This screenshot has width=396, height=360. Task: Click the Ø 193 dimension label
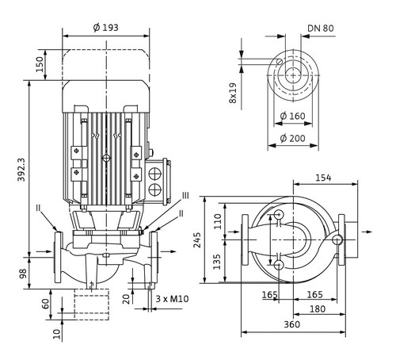[x=106, y=28]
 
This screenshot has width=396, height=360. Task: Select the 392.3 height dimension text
[x=21, y=170]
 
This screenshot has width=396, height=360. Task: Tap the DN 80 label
[x=321, y=29]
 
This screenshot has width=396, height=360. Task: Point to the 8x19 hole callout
[x=233, y=93]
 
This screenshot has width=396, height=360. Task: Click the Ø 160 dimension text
[x=292, y=116]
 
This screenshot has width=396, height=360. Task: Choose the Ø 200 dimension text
[x=292, y=138]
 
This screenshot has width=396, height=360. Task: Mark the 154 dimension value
[x=323, y=178]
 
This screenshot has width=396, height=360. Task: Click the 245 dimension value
[x=197, y=239]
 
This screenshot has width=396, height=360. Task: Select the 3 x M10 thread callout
[x=172, y=299]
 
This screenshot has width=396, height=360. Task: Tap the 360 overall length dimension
[x=292, y=324]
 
